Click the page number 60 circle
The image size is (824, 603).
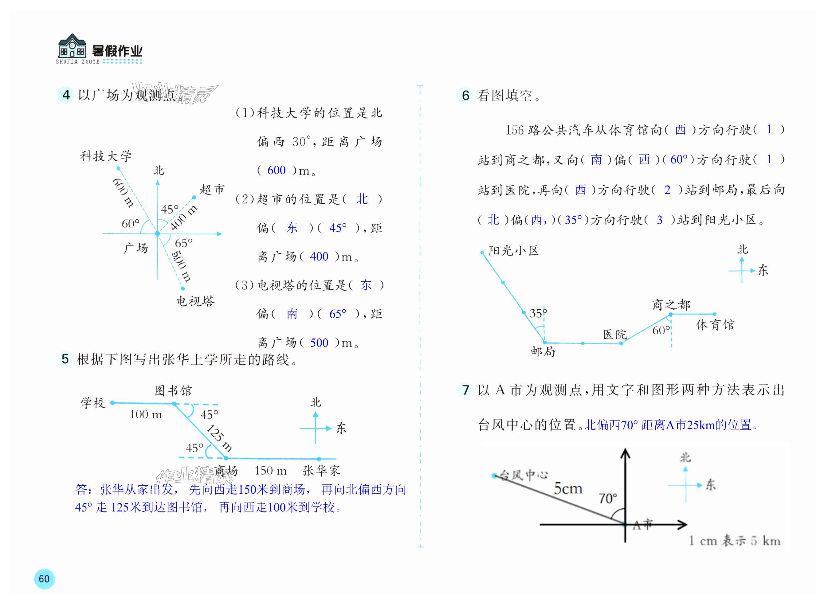pyautogui.click(x=44, y=578)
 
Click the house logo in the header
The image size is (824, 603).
pyautogui.click(x=72, y=46)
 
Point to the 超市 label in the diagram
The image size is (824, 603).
pyautogui.click(x=212, y=190)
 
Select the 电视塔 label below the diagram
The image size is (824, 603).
pyautogui.click(x=196, y=301)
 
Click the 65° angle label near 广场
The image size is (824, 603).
pyautogui.click(x=184, y=243)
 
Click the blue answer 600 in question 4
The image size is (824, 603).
pyautogui.click(x=277, y=170)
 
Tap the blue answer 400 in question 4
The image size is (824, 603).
pyautogui.click(x=319, y=256)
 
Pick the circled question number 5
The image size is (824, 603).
pyautogui.click(x=65, y=359)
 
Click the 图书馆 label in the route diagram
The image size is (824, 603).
pyautogui.click(x=173, y=390)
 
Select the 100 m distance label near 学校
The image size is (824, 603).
pyautogui.click(x=146, y=415)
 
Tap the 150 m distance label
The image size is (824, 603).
pyautogui.click(x=271, y=471)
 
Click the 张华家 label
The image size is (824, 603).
pyautogui.click(x=321, y=471)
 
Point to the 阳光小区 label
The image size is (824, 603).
pyautogui.click(x=514, y=251)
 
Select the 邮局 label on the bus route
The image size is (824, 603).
pyautogui.click(x=543, y=352)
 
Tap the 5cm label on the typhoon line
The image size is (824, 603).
pyautogui.click(x=568, y=488)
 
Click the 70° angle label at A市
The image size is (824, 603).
pyautogui.click(x=607, y=498)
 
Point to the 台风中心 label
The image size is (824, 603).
pyautogui.click(x=524, y=475)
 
